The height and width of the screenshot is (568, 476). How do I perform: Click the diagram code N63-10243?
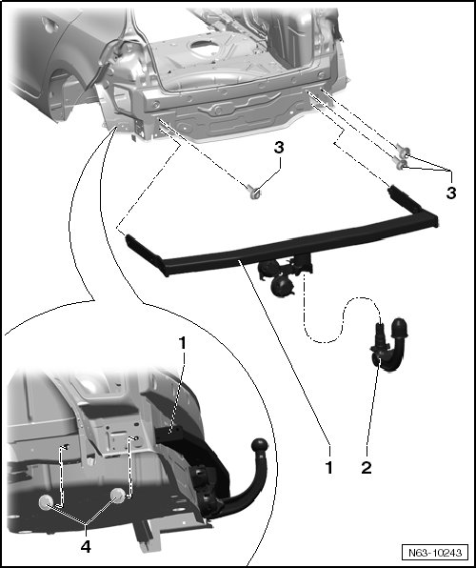click(435, 553)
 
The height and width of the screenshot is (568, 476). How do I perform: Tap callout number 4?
click(86, 547)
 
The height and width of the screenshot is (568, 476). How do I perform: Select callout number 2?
click(367, 468)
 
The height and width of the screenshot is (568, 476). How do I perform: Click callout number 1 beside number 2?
click(328, 468)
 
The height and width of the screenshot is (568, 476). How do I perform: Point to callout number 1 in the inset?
click(183, 343)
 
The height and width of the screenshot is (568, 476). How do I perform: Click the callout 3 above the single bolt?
click(279, 148)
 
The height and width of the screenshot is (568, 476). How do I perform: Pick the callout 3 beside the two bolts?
click(451, 193)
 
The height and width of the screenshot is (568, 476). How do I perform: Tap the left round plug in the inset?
click(47, 503)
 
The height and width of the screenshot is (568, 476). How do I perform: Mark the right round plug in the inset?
click(118, 496)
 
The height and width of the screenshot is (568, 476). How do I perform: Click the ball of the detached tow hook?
click(399, 327)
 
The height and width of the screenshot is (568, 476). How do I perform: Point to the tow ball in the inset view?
click(260, 446)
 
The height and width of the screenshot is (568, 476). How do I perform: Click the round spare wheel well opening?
click(206, 48)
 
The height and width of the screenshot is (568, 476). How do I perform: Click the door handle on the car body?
click(50, 26)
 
